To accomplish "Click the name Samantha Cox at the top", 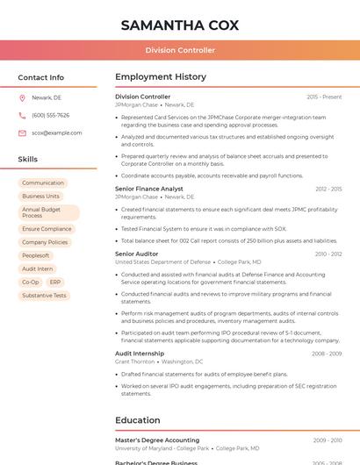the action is [x=180, y=25].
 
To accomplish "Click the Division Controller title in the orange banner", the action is [x=180, y=50].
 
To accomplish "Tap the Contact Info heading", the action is [x=40, y=77].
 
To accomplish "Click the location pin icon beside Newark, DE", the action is [x=22, y=97].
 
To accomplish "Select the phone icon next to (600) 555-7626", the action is [x=22, y=115].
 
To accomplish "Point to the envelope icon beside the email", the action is [x=22, y=133].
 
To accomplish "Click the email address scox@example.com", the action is [x=56, y=133].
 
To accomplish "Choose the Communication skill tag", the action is [x=43, y=182].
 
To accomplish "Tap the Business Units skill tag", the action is [x=40, y=197].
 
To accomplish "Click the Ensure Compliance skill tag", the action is [x=47, y=229].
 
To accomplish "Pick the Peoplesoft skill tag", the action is [x=36, y=255].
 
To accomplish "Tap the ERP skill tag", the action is [x=55, y=283].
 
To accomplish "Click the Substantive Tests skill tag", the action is [x=44, y=296].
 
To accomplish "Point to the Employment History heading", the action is [x=161, y=77].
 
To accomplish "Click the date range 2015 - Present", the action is [x=324, y=97].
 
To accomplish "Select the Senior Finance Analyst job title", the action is [x=149, y=189].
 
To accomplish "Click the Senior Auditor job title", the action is [x=137, y=254].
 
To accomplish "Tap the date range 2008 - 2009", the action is [x=326, y=354].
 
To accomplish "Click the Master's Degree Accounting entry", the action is [x=157, y=440].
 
